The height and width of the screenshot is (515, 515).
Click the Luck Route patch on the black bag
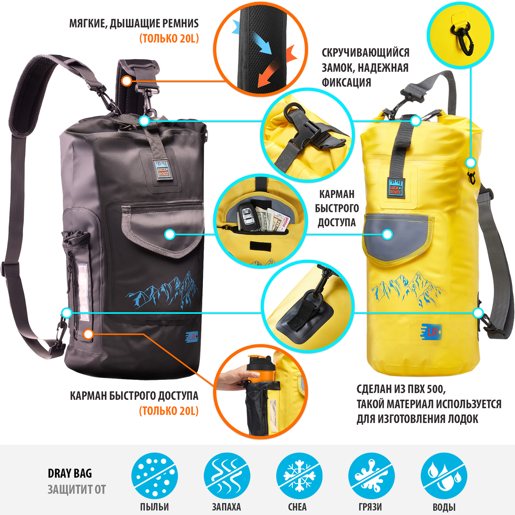pos(163,170)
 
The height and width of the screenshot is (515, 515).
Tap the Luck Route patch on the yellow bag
pos(395,188)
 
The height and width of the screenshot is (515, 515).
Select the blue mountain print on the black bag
pos(163,291)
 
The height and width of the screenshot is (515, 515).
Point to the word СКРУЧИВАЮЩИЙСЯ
pos(365,53)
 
